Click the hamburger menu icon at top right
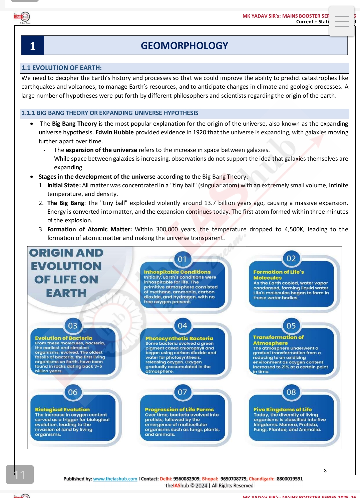pos(342,21)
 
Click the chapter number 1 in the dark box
pos(33,46)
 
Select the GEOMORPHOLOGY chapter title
pos(184,46)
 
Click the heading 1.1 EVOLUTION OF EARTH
pos(61,68)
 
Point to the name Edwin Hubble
pos(114,132)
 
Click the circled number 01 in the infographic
pos(182,259)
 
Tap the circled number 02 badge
pos(291,258)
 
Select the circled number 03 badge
pos(73,326)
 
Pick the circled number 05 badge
pos(291,326)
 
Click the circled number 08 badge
pos(291,392)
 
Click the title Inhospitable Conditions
pos(177,272)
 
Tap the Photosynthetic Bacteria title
pos(179,338)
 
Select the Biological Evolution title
pos(62,409)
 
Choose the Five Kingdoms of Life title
pos(283,409)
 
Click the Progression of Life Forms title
pos(179,409)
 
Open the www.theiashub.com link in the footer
pos(115,479)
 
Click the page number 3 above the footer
pos(325,471)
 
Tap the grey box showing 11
pos(20,474)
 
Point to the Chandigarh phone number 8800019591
pos(290,479)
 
